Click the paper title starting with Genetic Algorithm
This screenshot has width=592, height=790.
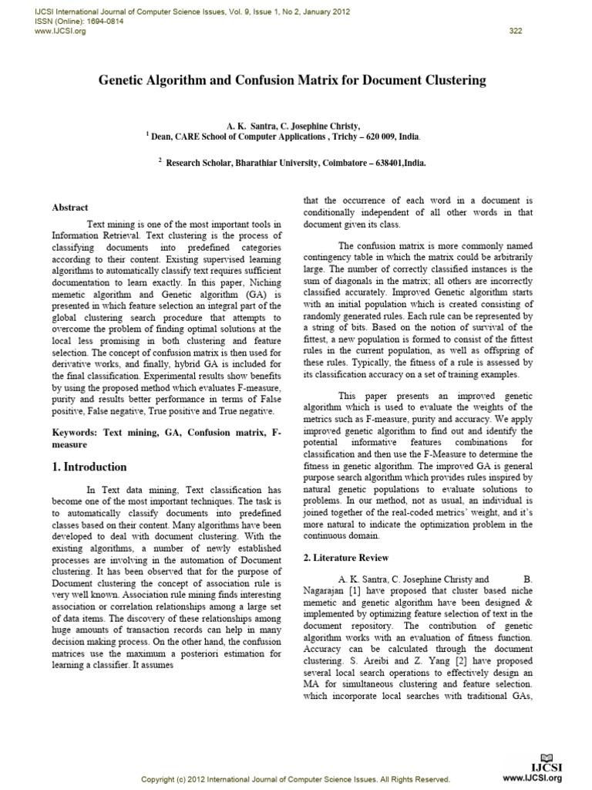(291, 79)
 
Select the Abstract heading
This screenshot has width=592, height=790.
(69, 208)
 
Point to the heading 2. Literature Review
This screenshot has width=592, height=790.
(345, 557)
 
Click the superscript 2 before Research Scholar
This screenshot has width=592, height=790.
(160, 160)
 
